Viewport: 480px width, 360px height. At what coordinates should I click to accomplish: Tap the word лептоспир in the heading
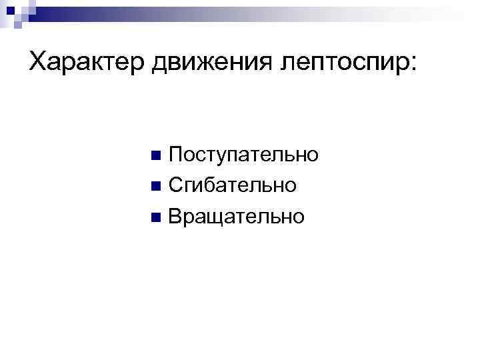click(x=334, y=63)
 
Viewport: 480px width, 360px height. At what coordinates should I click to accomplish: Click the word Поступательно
click(x=243, y=155)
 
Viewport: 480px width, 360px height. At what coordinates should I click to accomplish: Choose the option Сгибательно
click(x=232, y=186)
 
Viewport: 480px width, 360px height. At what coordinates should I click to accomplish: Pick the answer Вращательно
click(x=236, y=217)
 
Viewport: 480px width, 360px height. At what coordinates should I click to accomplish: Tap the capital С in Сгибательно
click(x=176, y=185)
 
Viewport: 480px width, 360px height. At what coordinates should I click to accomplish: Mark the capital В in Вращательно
click(x=175, y=216)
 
